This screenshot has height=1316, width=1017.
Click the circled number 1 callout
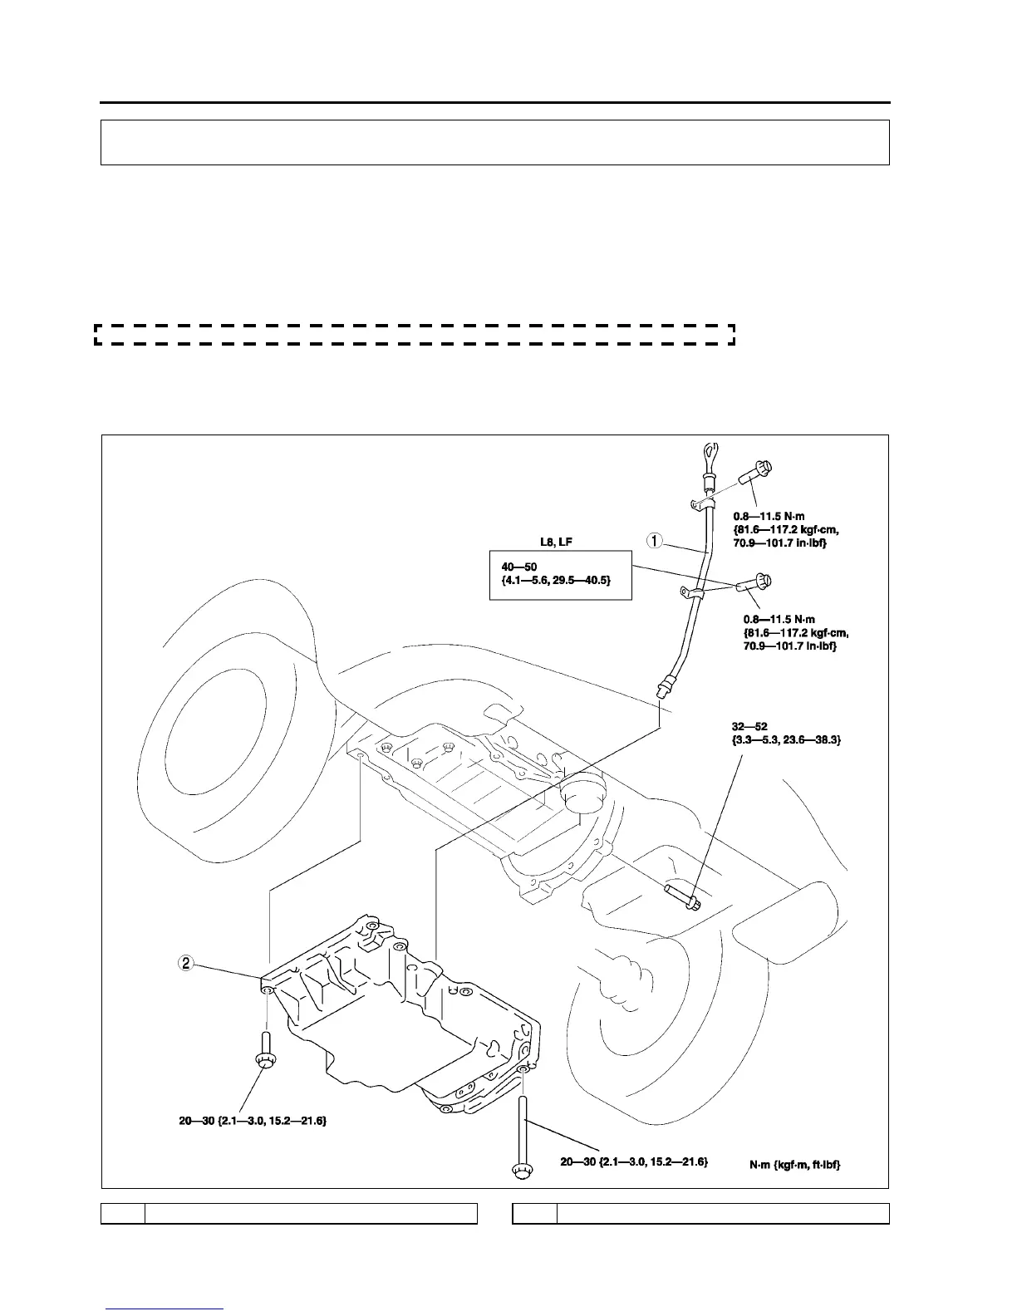(x=656, y=541)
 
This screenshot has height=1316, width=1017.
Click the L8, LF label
(x=557, y=542)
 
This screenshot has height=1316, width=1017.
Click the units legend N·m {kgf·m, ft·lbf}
(x=794, y=1165)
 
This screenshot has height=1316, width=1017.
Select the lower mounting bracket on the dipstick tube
(x=692, y=592)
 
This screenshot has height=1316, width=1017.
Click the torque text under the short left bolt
(x=253, y=1121)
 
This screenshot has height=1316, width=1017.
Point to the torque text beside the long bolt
(x=633, y=1161)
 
